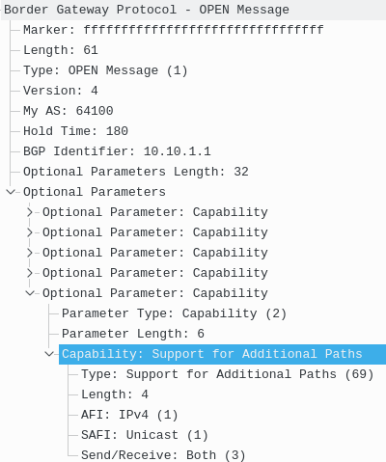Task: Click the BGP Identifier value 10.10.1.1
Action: coord(178,151)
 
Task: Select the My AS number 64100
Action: coord(95,111)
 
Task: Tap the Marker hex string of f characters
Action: coord(204,30)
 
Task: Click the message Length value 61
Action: coord(91,50)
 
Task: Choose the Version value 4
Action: coord(95,91)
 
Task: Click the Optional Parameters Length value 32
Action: coord(241,172)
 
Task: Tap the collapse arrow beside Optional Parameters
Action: coord(11,192)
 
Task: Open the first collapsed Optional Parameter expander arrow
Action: coord(30,212)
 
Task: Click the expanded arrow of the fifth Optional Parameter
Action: coord(30,293)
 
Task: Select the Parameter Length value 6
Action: coord(201,334)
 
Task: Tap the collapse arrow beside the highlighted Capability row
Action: coord(49,354)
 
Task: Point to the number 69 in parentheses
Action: coord(359,374)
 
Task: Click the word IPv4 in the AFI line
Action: coord(133,415)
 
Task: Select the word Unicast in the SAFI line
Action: coord(152,435)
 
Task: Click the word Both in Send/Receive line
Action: coord(201,455)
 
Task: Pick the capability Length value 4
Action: coord(145,394)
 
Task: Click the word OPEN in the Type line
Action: coord(83,70)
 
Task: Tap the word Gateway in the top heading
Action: coord(83,10)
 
